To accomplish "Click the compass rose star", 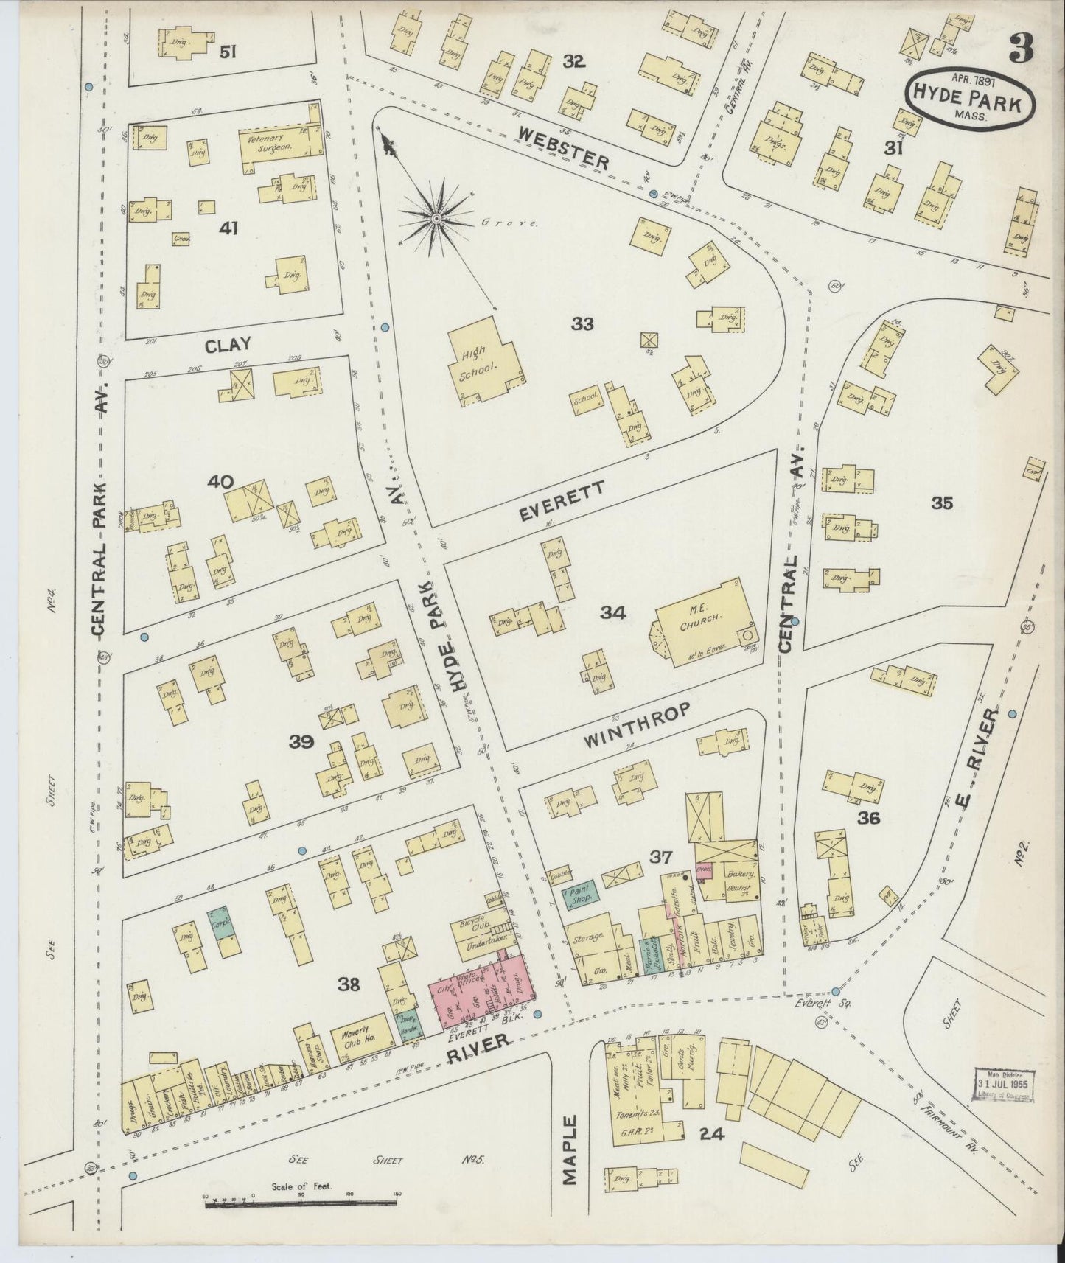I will pyautogui.click(x=436, y=218).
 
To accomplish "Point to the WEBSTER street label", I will pyautogui.click(x=564, y=147).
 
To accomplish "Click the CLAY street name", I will pyautogui.click(x=228, y=344).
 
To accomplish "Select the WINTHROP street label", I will pyautogui.click(x=637, y=725).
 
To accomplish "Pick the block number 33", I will pyautogui.click(x=582, y=323).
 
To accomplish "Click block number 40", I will pyautogui.click(x=220, y=482).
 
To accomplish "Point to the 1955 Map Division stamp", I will pyautogui.click(x=1005, y=1084).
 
